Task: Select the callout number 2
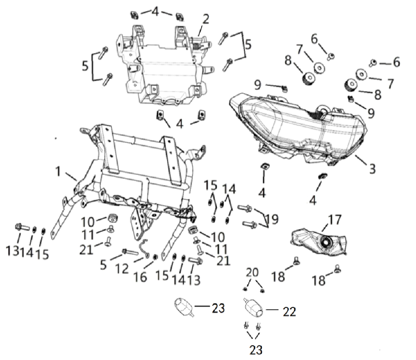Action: (206, 19)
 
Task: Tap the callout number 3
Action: (372, 169)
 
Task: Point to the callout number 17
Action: (334, 220)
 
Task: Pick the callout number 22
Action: (289, 311)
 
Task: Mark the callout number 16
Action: (141, 276)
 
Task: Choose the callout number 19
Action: (272, 220)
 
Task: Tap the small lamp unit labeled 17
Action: (321, 241)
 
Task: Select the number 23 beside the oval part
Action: (218, 308)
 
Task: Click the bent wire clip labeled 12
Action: (144, 250)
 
